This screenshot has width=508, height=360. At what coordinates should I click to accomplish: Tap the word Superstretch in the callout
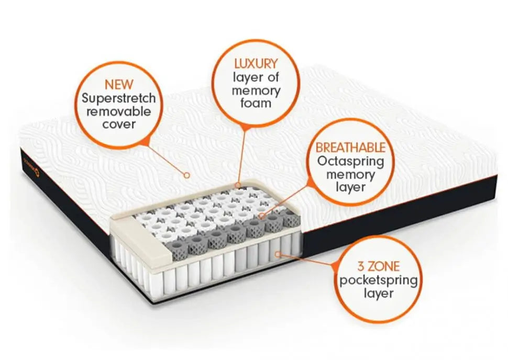[118, 98]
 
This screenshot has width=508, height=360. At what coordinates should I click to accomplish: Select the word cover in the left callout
[118, 125]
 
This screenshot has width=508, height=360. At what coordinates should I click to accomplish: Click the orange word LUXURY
[256, 64]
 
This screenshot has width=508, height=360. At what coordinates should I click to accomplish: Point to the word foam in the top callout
[256, 103]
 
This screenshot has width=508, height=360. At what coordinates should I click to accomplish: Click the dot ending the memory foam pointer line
[239, 185]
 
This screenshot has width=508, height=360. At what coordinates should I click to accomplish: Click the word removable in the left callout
[118, 111]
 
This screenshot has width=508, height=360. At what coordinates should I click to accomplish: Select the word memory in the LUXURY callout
[257, 90]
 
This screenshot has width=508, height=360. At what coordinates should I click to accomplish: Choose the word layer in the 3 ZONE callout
[379, 294]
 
